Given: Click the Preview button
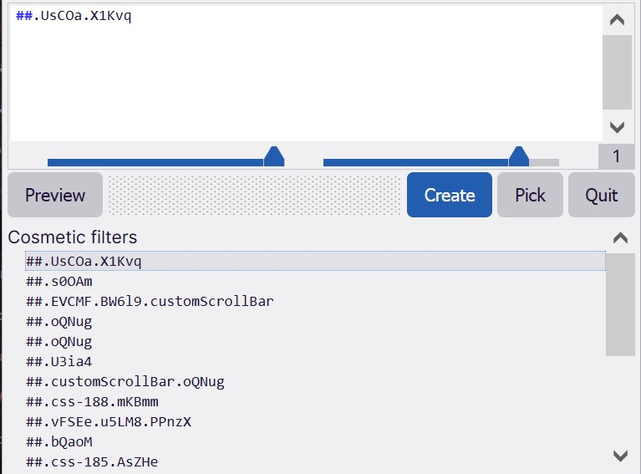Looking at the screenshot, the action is tap(55, 195).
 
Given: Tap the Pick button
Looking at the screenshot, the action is tap(530, 195).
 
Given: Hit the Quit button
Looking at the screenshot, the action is tap(602, 195).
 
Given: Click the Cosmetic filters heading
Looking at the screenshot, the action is tap(73, 237).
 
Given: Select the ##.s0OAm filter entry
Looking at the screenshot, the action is tap(59, 282).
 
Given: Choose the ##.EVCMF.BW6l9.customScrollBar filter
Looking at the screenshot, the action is tap(150, 302).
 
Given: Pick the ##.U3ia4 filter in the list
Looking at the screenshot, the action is tap(59, 361).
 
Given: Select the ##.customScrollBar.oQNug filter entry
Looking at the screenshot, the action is tap(125, 381).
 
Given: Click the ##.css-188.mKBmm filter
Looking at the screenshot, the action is tap(92, 401).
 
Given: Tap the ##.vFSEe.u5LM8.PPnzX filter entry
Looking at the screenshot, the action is tap(109, 421).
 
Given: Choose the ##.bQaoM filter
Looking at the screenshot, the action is tap(59, 441).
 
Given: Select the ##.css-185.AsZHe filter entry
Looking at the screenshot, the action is tap(92, 461).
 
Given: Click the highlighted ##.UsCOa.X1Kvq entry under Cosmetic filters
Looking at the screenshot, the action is tap(84, 262).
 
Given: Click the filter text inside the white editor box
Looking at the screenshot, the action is tap(74, 16).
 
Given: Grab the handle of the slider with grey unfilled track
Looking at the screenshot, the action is tap(519, 156).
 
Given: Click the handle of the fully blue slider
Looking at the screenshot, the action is tap(274, 156).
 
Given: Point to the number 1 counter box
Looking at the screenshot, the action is tap(617, 156).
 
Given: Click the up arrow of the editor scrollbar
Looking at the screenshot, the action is tap(617, 19).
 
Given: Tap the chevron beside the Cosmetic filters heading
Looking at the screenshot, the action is tap(620, 237).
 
